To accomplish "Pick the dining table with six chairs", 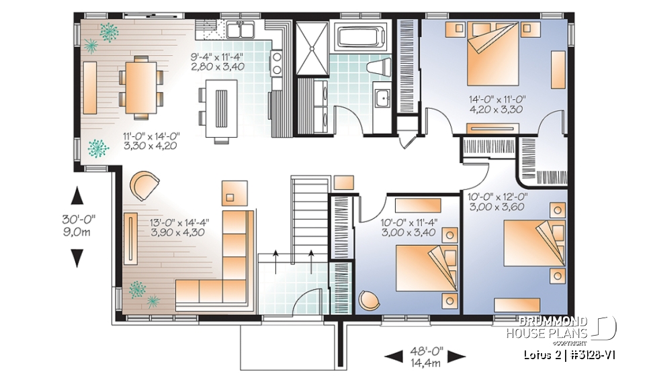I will pos(140,83).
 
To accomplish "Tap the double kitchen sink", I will pos(241,30).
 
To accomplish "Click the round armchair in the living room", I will pos(145,185).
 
